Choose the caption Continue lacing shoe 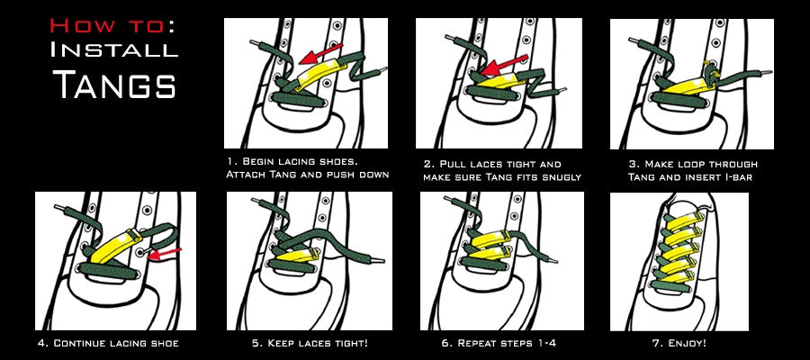click(x=108, y=344)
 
